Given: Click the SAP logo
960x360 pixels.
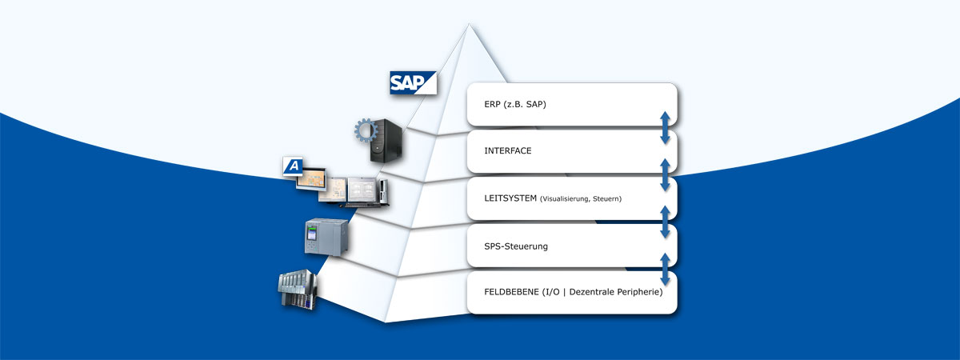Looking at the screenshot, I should tap(413, 83).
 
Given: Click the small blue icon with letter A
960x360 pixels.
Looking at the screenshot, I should tap(294, 166).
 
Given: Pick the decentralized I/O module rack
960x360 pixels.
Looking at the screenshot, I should tap(298, 289).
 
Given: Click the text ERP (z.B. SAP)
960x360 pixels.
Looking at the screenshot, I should tap(515, 104).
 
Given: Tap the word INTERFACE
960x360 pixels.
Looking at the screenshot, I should tap(508, 151).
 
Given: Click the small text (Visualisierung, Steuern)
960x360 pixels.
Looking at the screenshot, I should tap(581, 198).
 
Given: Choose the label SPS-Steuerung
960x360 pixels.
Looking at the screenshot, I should tap(516, 246).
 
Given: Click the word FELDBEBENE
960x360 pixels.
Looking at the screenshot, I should tap(512, 293).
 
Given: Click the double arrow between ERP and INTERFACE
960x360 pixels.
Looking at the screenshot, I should tap(665, 128).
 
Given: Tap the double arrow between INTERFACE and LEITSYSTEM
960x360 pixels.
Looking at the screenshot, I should tap(665, 174).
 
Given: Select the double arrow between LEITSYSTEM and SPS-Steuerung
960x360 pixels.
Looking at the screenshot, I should tap(665, 222).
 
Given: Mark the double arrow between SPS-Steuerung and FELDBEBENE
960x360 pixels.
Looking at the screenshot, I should tap(665, 269).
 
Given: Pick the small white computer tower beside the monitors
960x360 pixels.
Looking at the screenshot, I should tap(384, 190).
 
